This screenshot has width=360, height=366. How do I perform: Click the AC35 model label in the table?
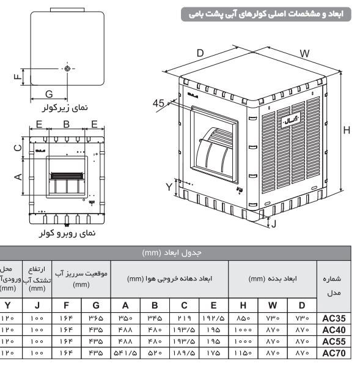point(335,318)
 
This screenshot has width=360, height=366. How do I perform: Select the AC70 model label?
point(335,353)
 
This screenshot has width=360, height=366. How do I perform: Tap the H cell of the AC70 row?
point(243,354)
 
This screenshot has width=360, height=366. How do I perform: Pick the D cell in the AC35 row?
point(301,319)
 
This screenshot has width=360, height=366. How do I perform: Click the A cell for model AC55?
point(125,342)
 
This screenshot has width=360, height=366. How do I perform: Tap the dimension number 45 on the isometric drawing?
point(158,103)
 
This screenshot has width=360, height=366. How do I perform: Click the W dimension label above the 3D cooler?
point(304,53)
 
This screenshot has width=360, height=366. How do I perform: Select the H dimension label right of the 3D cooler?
point(347,130)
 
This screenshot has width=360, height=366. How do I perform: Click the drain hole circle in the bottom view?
point(67,69)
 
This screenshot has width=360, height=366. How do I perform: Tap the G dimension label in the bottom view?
point(48,94)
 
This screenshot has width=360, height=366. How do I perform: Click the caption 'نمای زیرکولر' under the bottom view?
point(64,107)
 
